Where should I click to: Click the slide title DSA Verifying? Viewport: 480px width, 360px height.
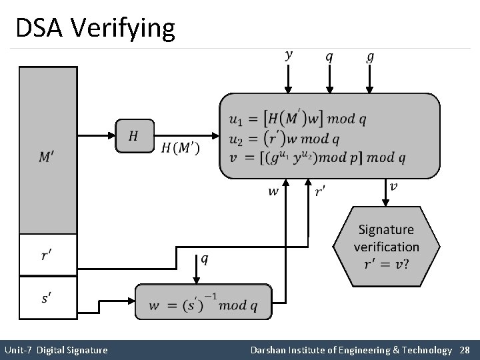pyautogui.click(x=95, y=29)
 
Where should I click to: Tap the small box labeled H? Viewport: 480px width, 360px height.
pyautogui.click(x=134, y=136)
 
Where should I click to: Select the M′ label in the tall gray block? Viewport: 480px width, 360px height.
pyautogui.click(x=47, y=158)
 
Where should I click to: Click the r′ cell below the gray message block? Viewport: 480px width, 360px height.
pyautogui.click(x=47, y=254)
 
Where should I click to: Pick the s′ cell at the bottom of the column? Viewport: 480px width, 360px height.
pyautogui.click(x=47, y=297)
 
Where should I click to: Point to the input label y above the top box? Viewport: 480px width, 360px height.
pyautogui.click(x=289, y=55)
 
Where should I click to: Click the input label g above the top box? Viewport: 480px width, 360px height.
pyautogui.click(x=371, y=55)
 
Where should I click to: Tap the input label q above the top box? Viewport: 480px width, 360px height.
pyautogui.click(x=329, y=55)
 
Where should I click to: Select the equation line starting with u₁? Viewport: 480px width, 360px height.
pyautogui.click(x=297, y=119)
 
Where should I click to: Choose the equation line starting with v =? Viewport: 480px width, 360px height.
pyautogui.click(x=317, y=158)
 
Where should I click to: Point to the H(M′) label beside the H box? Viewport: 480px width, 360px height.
pyautogui.click(x=180, y=148)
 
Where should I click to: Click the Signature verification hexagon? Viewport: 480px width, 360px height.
pyautogui.click(x=386, y=247)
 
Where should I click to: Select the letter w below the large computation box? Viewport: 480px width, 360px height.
pyautogui.click(x=273, y=191)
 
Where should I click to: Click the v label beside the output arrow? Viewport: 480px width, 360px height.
pyautogui.click(x=394, y=187)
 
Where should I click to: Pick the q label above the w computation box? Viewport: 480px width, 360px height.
pyautogui.click(x=204, y=259)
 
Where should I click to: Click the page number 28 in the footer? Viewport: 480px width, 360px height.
pyautogui.click(x=464, y=349)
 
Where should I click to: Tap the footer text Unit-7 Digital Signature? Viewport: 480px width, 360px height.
pyautogui.click(x=56, y=349)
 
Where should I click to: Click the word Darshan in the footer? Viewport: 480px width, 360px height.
pyautogui.click(x=269, y=349)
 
